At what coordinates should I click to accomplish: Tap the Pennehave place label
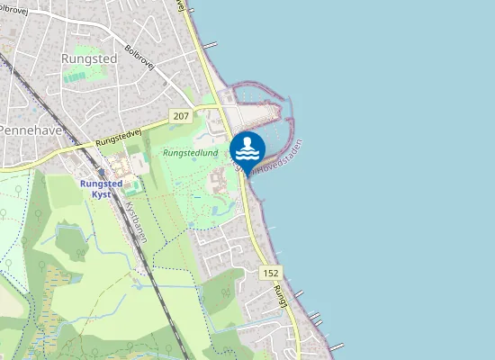pyautogui.click(x=27, y=130)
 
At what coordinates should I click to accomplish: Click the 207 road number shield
pyautogui.click(x=181, y=116)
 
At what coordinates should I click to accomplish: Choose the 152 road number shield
pyautogui.click(x=271, y=272)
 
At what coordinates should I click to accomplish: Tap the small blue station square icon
pyautogui.click(x=102, y=173)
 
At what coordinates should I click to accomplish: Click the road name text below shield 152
pyautogui.click(x=281, y=297)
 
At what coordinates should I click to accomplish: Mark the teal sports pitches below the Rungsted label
pyautogui.click(x=76, y=76)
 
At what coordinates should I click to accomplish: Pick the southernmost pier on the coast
pyautogui.click(x=337, y=346)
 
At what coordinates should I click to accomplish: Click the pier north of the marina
pyautogui.click(x=210, y=44)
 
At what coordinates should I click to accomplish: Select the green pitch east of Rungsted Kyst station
pyautogui.click(x=132, y=189)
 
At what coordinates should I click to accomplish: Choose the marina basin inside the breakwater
pyautogui.click(x=265, y=112)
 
